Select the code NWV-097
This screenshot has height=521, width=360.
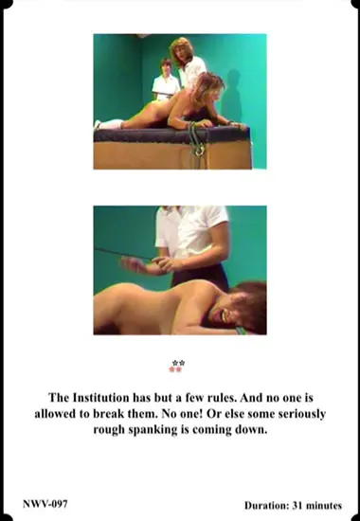(x=45, y=505)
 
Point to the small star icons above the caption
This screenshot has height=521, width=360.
(x=176, y=366)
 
